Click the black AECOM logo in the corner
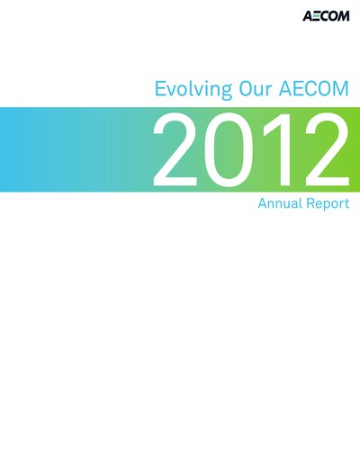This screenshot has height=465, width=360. (326, 16)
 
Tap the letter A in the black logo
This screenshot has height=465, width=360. (308, 16)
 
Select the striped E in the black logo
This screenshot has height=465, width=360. (317, 16)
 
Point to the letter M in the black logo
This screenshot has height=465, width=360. (344, 16)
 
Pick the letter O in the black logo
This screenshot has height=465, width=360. (333, 16)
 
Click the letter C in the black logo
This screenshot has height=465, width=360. (324, 16)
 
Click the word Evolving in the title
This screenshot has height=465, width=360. (193, 89)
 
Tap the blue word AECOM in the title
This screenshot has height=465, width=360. (314, 88)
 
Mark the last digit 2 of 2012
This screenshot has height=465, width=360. (327, 150)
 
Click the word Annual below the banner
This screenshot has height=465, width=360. (280, 203)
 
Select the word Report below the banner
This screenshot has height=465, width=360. (328, 204)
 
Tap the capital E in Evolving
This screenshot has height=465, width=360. (160, 88)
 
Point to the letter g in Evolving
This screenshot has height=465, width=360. (226, 92)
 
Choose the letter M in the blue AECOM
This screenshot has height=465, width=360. (341, 88)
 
